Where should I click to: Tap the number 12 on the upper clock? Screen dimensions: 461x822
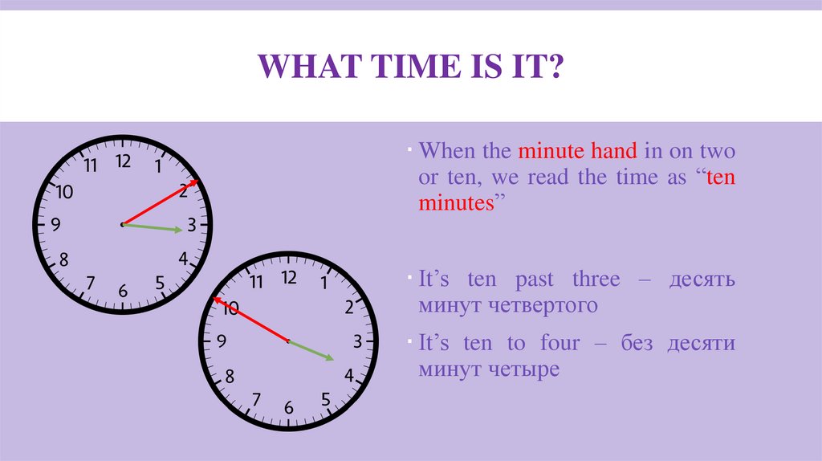(123, 161)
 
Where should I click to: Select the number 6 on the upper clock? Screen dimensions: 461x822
(123, 291)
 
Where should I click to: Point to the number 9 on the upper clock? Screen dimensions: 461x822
(55, 226)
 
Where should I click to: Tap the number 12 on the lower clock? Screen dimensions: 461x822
(289, 277)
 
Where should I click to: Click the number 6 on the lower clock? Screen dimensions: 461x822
(289, 408)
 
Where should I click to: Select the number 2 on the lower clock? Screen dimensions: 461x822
(349, 306)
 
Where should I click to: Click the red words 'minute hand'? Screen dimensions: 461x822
(578, 151)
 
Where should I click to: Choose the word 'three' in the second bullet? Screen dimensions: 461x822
(596, 279)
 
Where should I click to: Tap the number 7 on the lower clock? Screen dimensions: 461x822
(256, 398)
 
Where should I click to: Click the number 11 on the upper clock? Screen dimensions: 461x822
(89, 166)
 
